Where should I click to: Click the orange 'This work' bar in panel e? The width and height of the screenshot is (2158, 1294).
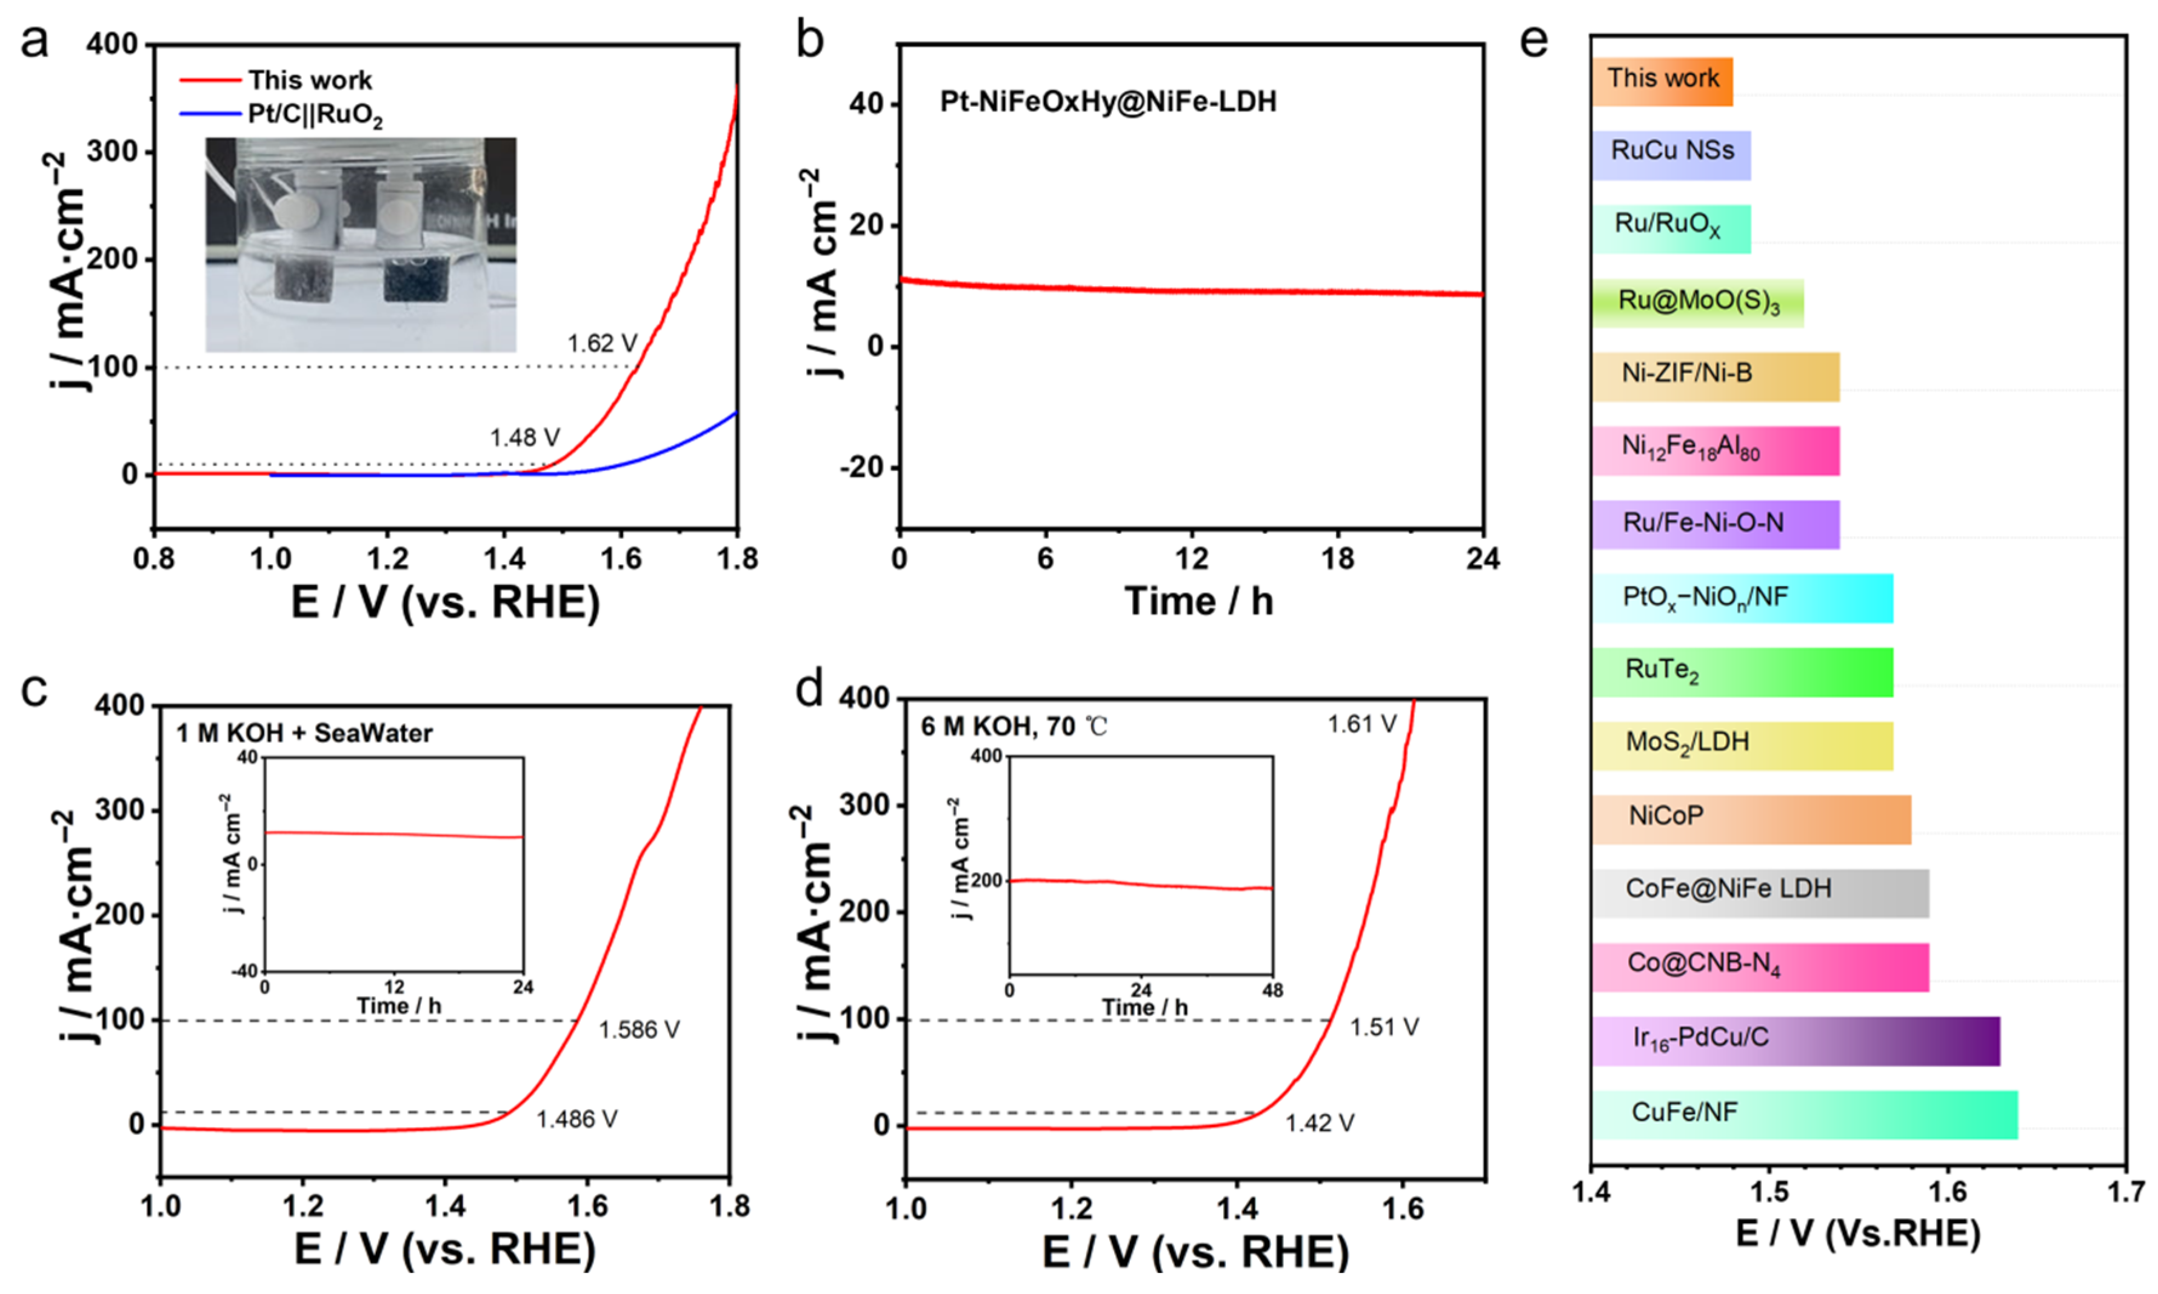(x=1662, y=81)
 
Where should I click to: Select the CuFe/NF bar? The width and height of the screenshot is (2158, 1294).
(x=1804, y=1113)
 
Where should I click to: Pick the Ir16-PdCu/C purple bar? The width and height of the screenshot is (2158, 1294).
(x=1796, y=1040)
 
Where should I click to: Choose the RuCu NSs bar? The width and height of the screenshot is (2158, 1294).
(x=1671, y=155)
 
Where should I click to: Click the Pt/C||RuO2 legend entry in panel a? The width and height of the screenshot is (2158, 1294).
(x=315, y=116)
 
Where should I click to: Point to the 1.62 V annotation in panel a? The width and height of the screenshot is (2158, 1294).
(x=601, y=344)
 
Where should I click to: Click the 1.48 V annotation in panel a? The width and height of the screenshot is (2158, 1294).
(x=524, y=438)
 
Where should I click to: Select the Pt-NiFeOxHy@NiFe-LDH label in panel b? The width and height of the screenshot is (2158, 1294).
(x=1107, y=102)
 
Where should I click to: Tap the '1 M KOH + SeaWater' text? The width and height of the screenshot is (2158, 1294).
(x=304, y=733)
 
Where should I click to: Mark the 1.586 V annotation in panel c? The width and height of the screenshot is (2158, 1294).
(x=638, y=1030)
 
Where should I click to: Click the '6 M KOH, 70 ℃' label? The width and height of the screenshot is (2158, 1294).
(x=1014, y=726)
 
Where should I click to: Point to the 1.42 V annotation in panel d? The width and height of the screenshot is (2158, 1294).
(x=1318, y=1123)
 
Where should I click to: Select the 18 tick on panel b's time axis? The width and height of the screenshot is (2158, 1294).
(x=1337, y=559)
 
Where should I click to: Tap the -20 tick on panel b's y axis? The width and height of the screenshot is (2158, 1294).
(x=861, y=469)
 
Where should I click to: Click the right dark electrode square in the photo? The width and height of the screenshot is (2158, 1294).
(x=415, y=279)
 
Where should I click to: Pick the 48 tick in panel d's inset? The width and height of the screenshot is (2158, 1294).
(x=1272, y=992)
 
